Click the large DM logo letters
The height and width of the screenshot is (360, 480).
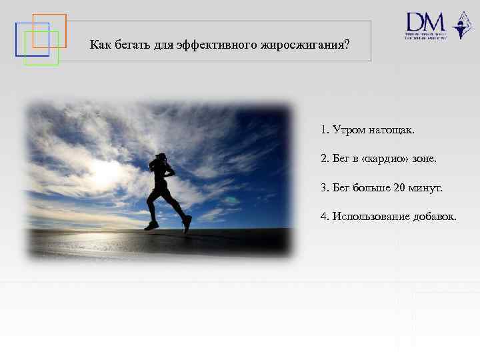pyautogui.click(x=425, y=22)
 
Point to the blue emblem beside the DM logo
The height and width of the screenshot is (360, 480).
pyautogui.click(x=461, y=25)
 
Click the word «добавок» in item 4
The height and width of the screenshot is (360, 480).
pyautogui.click(x=437, y=217)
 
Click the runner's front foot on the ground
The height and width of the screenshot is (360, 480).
pyautogui.click(x=151, y=225)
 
